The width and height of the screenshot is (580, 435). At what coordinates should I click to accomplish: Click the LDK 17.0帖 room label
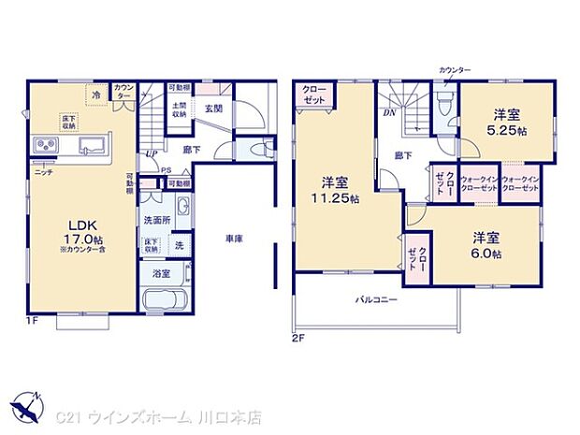click(x=78, y=230)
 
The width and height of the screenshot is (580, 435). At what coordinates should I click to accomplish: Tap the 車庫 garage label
click(x=234, y=239)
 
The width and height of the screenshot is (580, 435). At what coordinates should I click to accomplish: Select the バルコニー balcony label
click(x=376, y=301)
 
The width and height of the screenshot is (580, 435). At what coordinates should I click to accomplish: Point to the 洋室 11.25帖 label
click(x=337, y=191)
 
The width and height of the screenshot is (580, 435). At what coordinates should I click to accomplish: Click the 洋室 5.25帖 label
click(x=508, y=121)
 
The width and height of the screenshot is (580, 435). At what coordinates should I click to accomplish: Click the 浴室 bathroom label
click(x=161, y=274)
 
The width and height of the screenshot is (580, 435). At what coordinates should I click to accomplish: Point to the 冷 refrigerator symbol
click(x=94, y=93)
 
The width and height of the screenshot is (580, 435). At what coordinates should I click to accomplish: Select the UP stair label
click(x=152, y=153)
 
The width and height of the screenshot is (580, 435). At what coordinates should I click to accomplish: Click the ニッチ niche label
click(x=43, y=175)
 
